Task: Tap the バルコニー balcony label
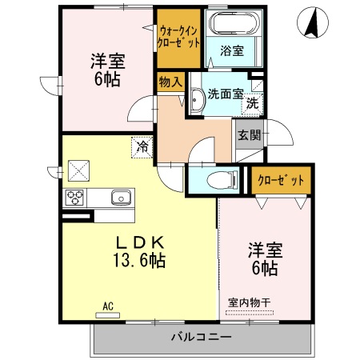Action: pos(201,337)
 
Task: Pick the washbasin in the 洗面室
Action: pos(197,100)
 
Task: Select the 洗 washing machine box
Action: pos(253,102)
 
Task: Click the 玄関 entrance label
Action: pos(248,134)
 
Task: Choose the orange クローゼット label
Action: pos(281,180)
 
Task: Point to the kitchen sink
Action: pos(121,197)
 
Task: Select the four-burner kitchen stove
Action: pos(76,198)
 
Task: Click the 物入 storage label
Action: pos(170,81)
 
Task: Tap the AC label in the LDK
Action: pos(108,305)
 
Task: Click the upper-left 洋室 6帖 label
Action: pos(106,68)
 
